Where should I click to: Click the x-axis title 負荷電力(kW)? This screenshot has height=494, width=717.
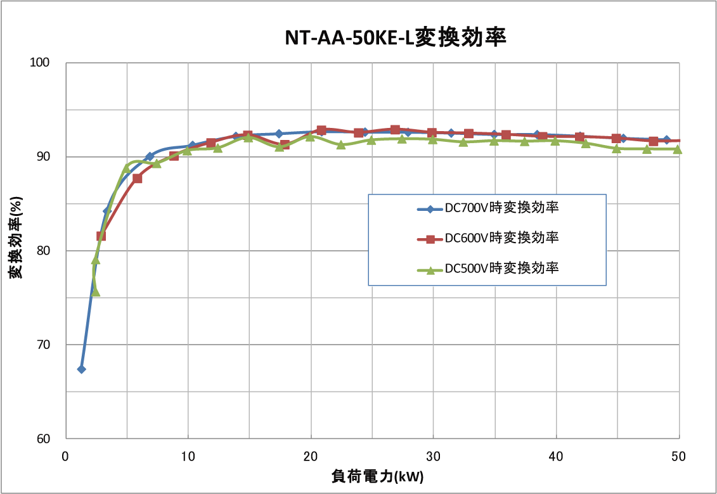click(x=377, y=476)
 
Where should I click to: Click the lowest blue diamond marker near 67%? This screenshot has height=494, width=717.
click(x=81, y=369)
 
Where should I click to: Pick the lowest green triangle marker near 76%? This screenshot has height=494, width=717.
click(x=96, y=291)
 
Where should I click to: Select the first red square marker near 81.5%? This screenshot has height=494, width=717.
click(x=101, y=236)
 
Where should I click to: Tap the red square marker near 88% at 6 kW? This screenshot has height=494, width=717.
click(x=138, y=179)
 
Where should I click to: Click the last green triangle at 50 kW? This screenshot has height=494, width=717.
click(x=678, y=149)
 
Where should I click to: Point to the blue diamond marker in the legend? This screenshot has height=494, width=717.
click(x=430, y=208)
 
